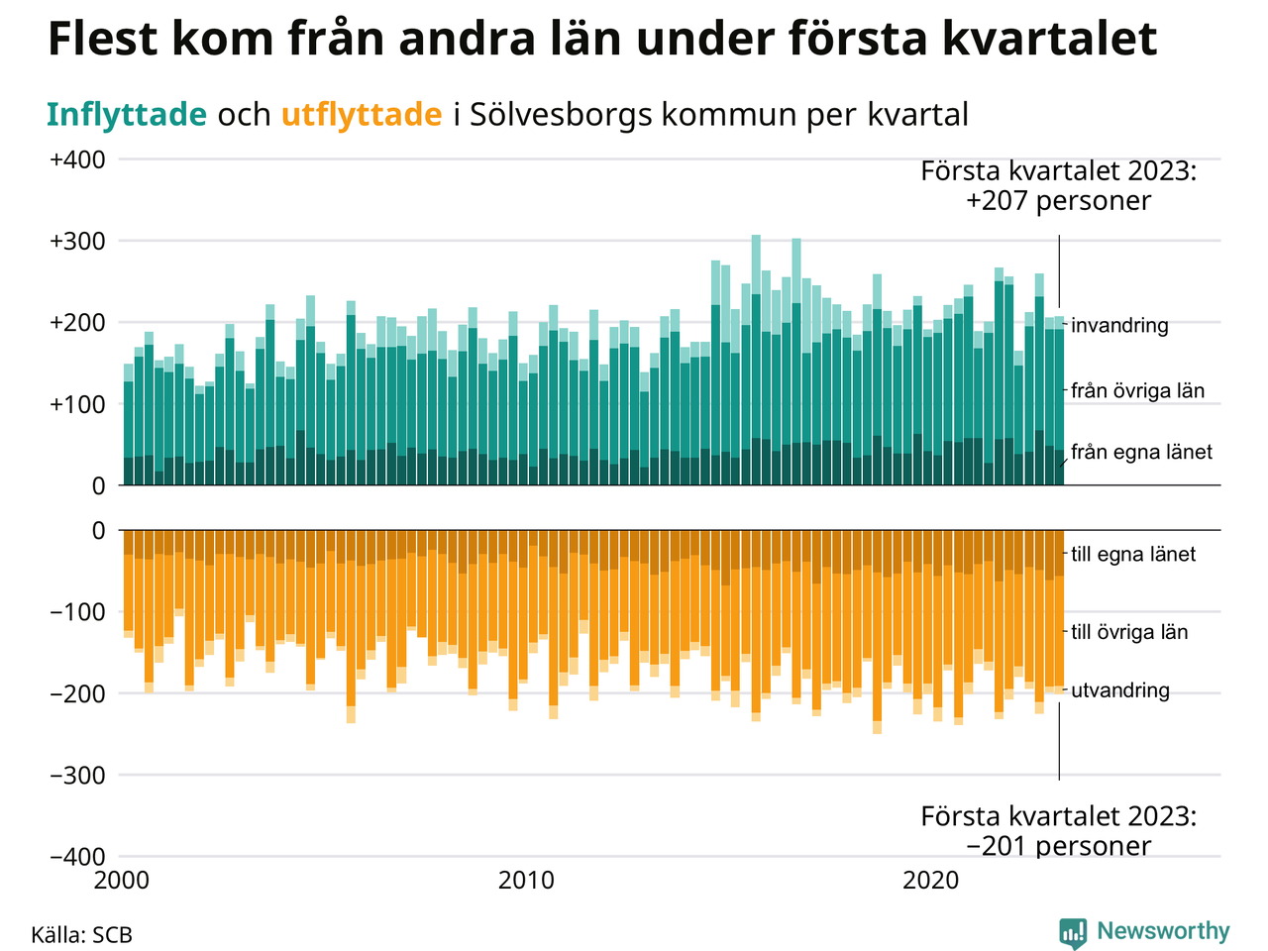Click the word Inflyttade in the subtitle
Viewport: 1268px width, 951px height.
(127, 115)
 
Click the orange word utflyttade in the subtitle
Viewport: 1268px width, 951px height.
(362, 115)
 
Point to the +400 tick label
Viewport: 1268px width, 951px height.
(77, 159)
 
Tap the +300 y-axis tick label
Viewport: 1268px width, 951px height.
(77, 241)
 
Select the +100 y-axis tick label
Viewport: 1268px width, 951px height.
(77, 404)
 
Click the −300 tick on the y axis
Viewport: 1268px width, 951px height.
(77, 775)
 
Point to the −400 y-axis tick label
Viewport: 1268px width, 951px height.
(77, 856)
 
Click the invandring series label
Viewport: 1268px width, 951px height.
(1119, 325)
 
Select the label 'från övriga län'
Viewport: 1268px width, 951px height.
(1137, 390)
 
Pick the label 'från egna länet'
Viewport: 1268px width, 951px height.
(1141, 452)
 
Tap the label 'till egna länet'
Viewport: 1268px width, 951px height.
(1133, 554)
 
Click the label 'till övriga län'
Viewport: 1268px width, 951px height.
(1129, 632)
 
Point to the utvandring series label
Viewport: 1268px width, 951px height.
(1119, 690)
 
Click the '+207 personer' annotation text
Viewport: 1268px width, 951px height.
(1059, 201)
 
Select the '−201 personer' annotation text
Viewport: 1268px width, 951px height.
(1059, 846)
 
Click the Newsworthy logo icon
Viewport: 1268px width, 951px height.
(1073, 932)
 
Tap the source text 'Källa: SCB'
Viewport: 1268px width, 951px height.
(81, 935)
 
